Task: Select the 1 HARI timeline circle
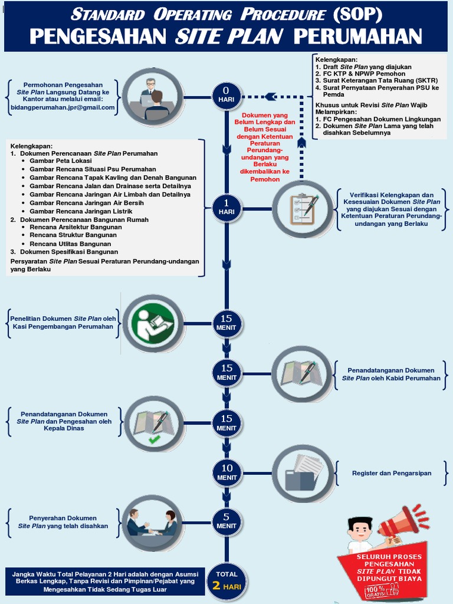(226, 208)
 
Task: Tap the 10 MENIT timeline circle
(226, 472)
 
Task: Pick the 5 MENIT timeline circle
(226, 522)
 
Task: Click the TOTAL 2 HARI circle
(226, 580)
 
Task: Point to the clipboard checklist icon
(303, 209)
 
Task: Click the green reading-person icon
(153, 323)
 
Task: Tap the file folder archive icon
(303, 473)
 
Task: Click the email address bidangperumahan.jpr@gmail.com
(63, 107)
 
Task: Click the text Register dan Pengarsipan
(392, 473)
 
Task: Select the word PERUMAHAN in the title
(357, 37)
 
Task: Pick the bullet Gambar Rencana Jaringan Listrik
(81, 211)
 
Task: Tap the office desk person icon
(153, 97)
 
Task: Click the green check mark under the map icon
(154, 439)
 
